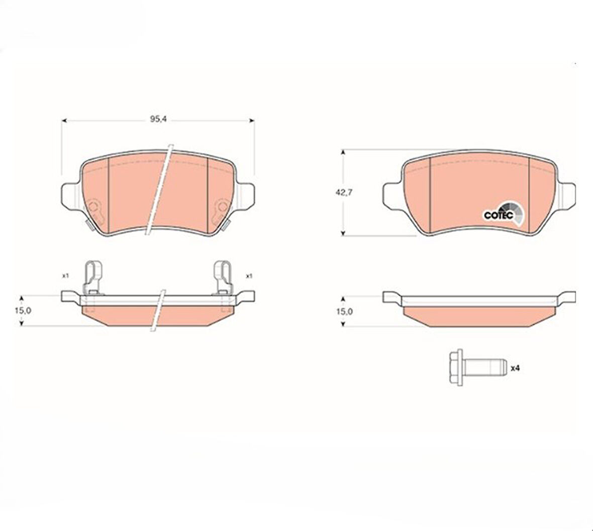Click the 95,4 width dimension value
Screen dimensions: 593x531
click(x=159, y=119)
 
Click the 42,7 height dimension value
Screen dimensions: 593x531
click(x=344, y=192)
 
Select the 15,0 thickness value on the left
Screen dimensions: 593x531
click(x=24, y=310)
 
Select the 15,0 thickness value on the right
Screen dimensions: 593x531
click(x=344, y=311)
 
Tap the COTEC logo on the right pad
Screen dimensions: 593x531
click(x=504, y=214)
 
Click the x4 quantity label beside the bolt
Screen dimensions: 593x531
click(x=515, y=368)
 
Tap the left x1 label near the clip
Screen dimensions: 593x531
click(x=65, y=276)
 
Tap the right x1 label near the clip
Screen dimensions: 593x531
click(x=249, y=276)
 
